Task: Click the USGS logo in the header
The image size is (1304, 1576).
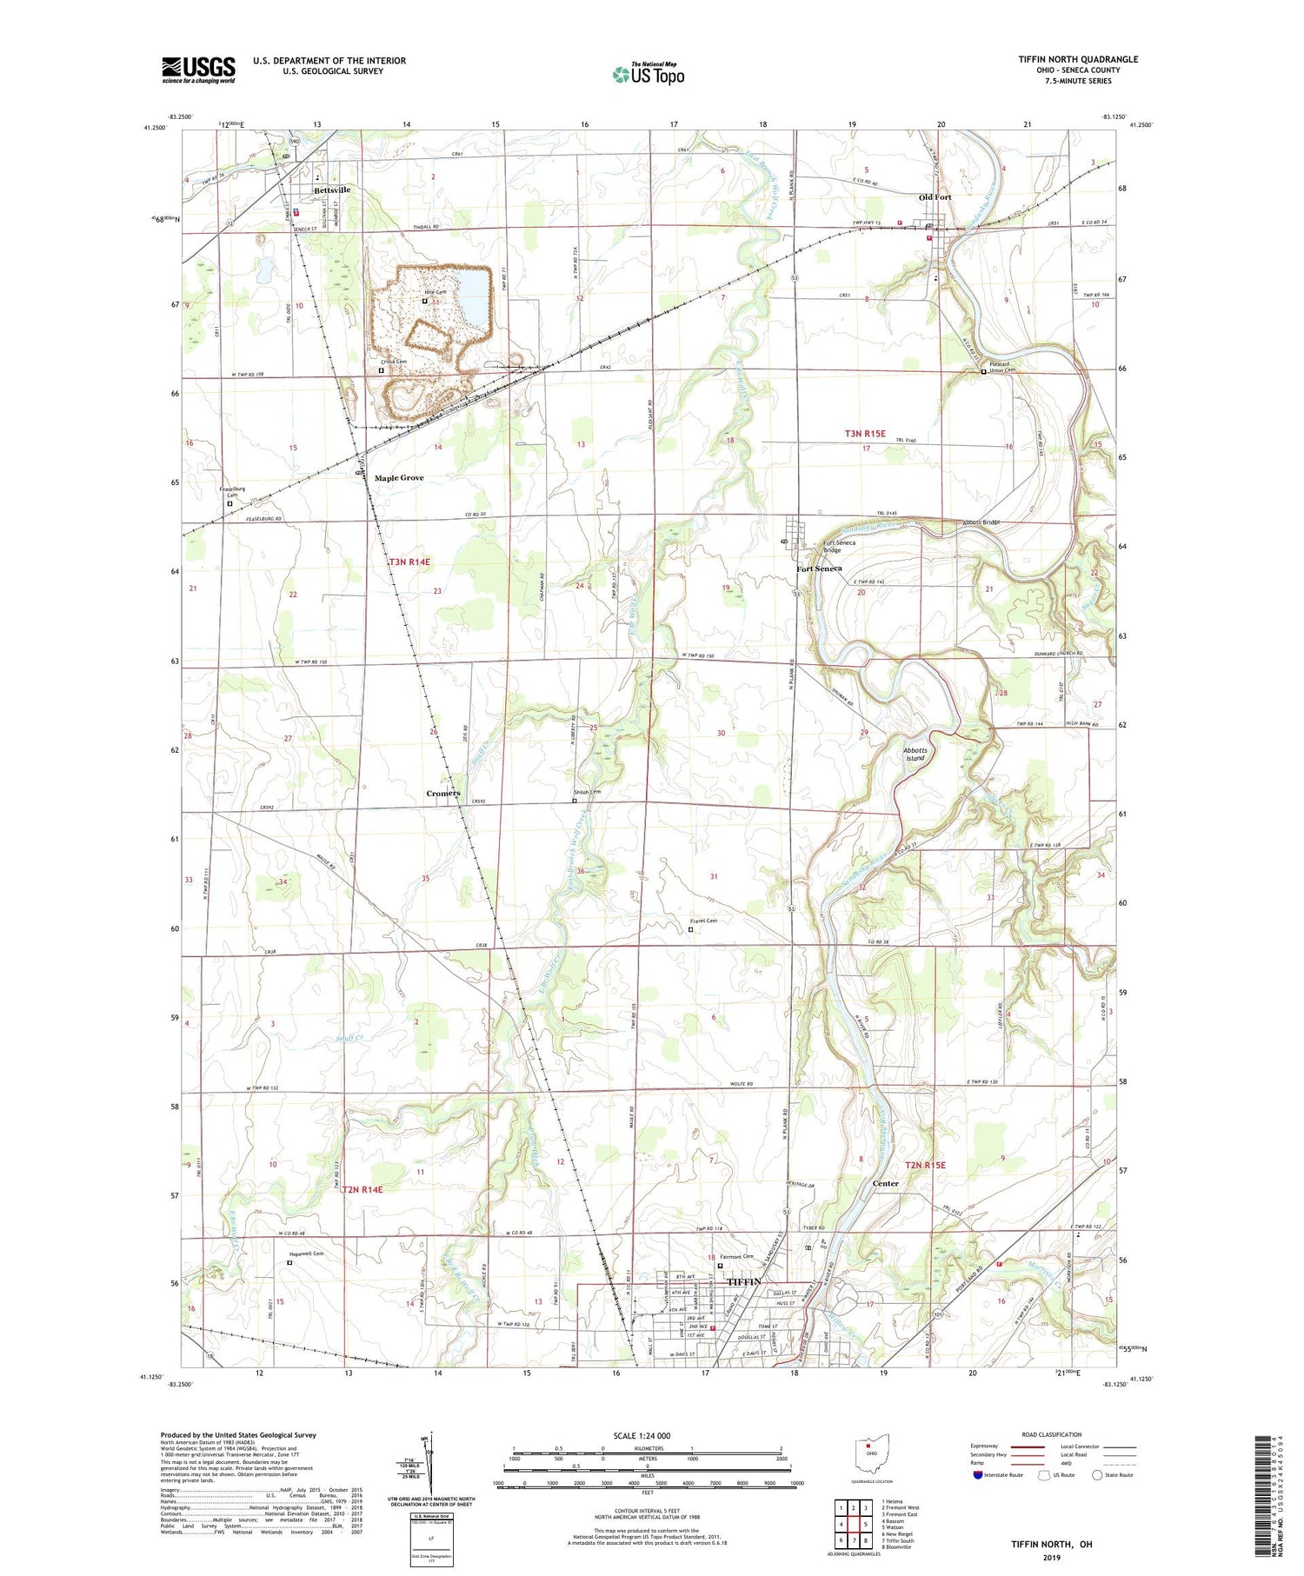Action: tap(198, 70)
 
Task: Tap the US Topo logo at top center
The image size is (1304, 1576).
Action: tap(648, 74)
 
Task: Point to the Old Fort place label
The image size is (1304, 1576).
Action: tap(935, 197)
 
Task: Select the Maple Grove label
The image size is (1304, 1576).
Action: tap(399, 478)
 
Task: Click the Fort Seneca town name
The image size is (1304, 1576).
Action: tap(819, 569)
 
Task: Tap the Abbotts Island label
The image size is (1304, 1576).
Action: tap(915, 754)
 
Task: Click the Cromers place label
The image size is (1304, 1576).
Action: tap(443, 794)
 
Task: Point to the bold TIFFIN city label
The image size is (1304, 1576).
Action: tap(743, 1282)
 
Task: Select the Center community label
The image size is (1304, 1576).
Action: tap(885, 1183)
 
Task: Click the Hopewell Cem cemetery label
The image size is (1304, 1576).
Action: tap(305, 1253)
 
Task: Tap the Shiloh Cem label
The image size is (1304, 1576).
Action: tap(587, 792)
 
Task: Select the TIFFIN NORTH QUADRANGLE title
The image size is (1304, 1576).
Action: tap(1078, 59)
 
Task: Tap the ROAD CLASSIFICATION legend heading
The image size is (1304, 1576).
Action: tap(1052, 1434)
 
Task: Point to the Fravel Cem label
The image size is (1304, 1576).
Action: tap(704, 921)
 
